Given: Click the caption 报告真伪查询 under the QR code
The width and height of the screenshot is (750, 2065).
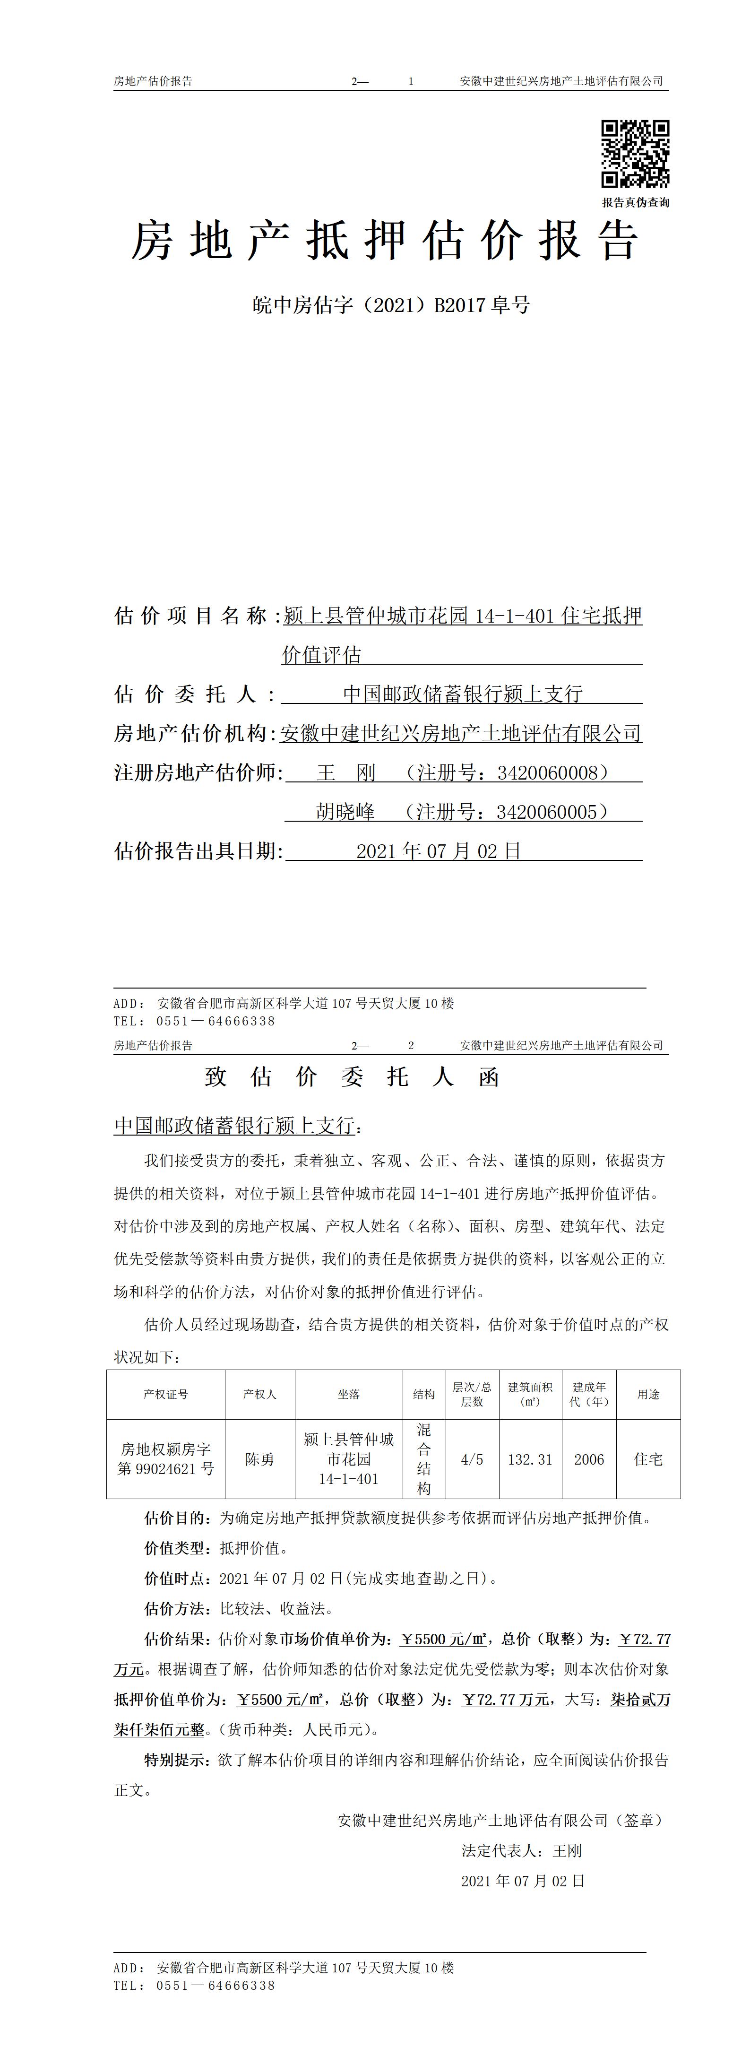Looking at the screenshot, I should pos(636,203).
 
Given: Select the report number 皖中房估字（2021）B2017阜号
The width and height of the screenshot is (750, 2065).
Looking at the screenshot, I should pos(391,305).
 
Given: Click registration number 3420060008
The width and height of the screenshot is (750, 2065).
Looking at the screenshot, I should pos(547,773).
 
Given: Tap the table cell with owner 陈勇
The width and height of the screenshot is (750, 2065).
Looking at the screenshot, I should pos(259,1459).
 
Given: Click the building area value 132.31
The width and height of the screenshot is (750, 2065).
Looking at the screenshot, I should pos(530,1459).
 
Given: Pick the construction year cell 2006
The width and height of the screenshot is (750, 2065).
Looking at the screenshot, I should pos(589,1459).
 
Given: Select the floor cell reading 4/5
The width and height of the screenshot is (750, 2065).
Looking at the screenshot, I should pos(472,1459).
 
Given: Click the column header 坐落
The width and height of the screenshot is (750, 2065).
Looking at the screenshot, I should pos(349,1394).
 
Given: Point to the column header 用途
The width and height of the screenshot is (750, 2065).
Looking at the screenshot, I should pos(648,1394).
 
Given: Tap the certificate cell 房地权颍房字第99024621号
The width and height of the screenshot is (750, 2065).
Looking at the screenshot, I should pos(166,1459).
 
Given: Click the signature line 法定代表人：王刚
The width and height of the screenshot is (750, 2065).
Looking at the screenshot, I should pos(522,1851).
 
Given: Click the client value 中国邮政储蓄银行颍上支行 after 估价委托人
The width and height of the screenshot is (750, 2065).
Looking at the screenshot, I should pos(462,694).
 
